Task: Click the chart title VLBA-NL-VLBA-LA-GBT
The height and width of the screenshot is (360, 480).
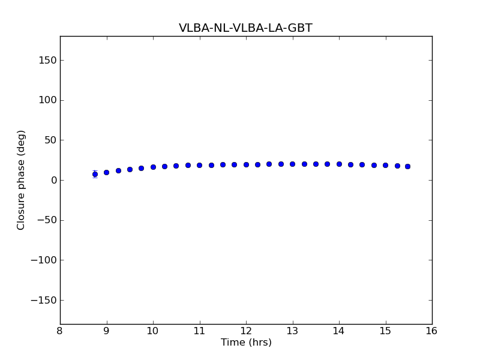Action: click(245, 28)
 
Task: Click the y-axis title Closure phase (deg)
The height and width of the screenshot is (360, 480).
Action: click(22, 180)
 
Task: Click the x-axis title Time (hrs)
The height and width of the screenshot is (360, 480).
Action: click(246, 343)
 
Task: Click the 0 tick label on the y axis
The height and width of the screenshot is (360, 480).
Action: click(53, 180)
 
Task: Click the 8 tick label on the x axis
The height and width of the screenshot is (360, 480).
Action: click(60, 331)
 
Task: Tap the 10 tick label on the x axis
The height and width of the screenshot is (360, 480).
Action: click(153, 331)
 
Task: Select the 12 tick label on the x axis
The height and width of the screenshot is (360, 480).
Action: click(246, 331)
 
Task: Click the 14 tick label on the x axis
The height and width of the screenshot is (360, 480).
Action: click(339, 331)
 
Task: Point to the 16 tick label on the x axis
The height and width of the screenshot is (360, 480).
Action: click(432, 331)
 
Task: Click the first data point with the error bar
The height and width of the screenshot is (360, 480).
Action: click(95, 174)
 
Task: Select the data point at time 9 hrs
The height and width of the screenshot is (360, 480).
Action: click(106, 172)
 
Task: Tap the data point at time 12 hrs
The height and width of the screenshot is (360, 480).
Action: click(246, 164)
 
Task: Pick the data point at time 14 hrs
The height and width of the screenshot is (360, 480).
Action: click(339, 164)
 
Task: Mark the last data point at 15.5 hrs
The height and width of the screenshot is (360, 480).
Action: click(407, 166)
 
